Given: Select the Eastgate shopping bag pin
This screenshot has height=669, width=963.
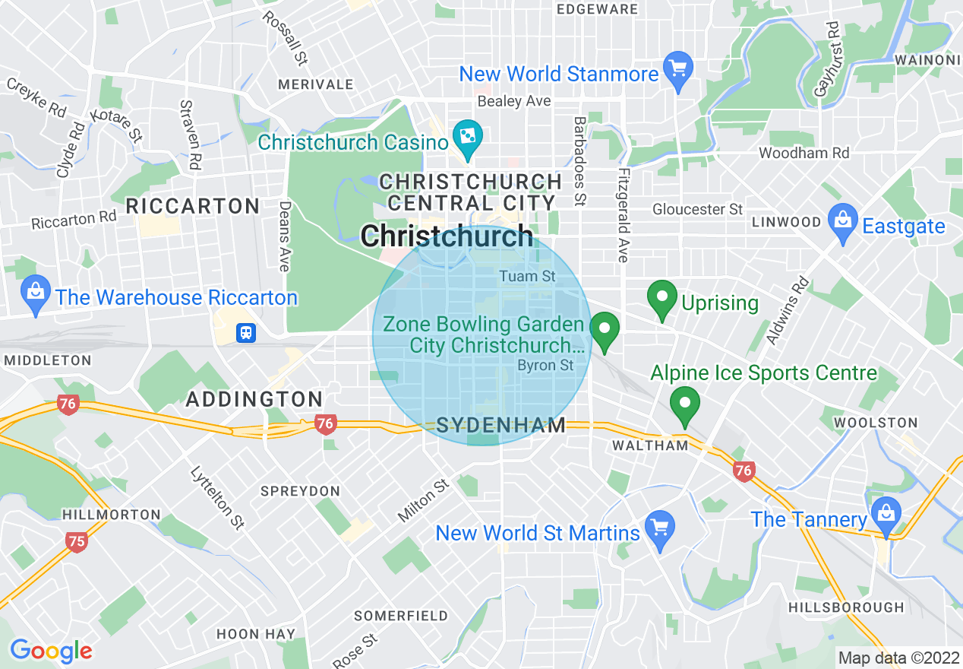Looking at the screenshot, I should click(x=842, y=222).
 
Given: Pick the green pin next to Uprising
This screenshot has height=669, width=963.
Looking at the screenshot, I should click(x=662, y=300).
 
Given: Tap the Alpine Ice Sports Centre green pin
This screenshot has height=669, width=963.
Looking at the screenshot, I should click(x=685, y=405).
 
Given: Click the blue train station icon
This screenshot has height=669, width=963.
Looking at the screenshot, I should click(x=246, y=333).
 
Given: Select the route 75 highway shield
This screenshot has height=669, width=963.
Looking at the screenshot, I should click(x=76, y=541).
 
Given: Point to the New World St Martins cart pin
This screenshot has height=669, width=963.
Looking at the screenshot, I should click(x=658, y=530).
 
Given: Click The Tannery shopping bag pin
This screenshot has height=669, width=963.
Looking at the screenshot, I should click(x=886, y=515).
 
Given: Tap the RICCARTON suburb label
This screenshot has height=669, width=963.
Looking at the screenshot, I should click(x=193, y=206).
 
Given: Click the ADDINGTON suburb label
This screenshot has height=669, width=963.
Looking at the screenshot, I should click(x=254, y=399).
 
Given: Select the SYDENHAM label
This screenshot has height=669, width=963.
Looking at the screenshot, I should click(x=501, y=425).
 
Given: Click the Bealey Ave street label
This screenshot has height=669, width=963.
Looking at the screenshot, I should click(x=514, y=101).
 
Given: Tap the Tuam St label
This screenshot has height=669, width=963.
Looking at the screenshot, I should click(x=527, y=276).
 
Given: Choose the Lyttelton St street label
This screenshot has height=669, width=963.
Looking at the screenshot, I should click(x=217, y=496).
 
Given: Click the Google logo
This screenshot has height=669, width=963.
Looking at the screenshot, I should click(x=50, y=651).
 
